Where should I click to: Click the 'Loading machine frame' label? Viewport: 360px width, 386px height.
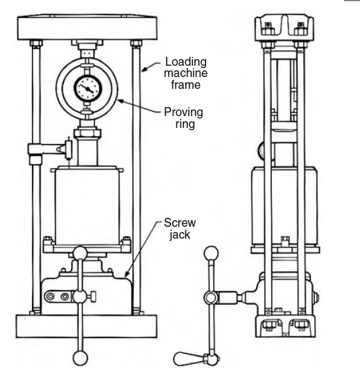(186, 73)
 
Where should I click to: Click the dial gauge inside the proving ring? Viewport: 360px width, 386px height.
(88, 88)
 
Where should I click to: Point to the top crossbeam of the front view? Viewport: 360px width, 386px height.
(88, 26)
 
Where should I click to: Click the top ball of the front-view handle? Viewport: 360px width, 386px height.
(79, 253)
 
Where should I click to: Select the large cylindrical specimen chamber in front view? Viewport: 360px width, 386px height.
(88, 204)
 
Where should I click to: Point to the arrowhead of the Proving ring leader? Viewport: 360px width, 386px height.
(118, 101)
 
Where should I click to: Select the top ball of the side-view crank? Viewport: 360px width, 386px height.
(210, 253)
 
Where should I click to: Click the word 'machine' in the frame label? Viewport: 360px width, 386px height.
(186, 73)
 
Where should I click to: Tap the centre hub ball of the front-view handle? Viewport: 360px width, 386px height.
(79, 296)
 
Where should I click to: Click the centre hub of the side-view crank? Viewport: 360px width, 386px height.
(209, 297)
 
